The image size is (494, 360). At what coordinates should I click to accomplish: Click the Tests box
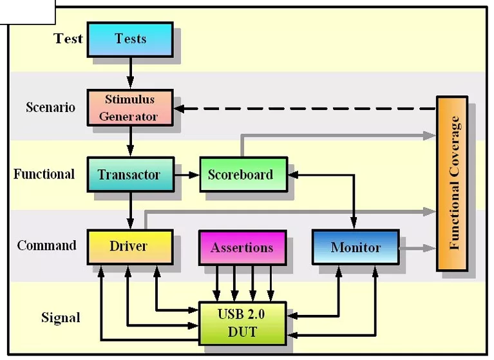pyautogui.click(x=130, y=39)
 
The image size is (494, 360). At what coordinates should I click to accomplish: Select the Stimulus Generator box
pyautogui.click(x=130, y=108)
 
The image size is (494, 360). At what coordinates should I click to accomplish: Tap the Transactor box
pyautogui.click(x=130, y=175)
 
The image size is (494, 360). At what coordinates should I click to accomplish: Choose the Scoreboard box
pyautogui.click(x=241, y=174)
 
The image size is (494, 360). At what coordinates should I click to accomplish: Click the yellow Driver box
pyautogui.click(x=129, y=247)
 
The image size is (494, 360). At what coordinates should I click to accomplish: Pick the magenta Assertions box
pyautogui.click(x=242, y=247)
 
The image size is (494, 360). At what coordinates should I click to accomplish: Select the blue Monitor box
pyautogui.click(x=356, y=247)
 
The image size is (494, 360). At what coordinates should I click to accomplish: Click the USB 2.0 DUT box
pyautogui.click(x=242, y=323)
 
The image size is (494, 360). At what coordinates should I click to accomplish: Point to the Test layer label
pyautogui.click(x=68, y=39)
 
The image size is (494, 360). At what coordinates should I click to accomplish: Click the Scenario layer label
pyautogui.click(x=50, y=107)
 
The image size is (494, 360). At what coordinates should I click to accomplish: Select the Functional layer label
pyautogui.click(x=44, y=174)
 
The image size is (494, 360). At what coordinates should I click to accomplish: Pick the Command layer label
pyautogui.click(x=46, y=245)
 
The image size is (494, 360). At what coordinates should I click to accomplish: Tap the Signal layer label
pyautogui.click(x=61, y=317)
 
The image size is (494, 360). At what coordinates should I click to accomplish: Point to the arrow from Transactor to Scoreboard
pyautogui.click(x=186, y=175)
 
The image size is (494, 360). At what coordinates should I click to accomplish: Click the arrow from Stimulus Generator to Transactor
pyautogui.click(x=131, y=141)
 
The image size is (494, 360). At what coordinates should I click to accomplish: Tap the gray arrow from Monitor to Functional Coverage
pyautogui.click(x=417, y=247)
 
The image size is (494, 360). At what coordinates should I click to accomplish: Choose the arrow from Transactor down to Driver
pyautogui.click(x=131, y=211)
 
